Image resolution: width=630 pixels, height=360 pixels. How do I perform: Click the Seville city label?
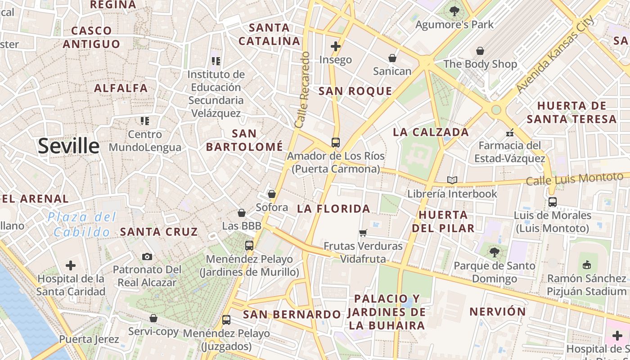[68, 146]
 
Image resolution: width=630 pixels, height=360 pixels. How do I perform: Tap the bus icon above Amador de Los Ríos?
[335, 143]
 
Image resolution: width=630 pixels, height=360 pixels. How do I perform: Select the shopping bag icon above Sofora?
[271, 194]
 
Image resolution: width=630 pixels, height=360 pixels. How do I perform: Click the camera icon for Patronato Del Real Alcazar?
[147, 256]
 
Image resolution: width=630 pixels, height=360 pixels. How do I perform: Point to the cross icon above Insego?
[335, 46]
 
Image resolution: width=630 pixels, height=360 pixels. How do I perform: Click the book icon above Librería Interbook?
[452, 180]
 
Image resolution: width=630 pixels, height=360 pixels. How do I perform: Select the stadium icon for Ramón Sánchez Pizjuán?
[586, 265]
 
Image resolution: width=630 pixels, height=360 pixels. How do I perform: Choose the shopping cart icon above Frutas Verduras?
[363, 233]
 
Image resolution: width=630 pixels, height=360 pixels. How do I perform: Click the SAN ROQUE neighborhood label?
[355, 91]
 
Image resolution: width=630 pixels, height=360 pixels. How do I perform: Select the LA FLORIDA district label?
[333, 209]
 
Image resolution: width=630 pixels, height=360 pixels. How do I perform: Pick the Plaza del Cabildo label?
[81, 225]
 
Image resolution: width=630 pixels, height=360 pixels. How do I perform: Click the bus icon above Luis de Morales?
[552, 202]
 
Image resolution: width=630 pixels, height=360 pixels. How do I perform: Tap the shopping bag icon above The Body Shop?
[480, 51]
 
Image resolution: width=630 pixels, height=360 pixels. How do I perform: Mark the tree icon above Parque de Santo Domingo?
[494, 252]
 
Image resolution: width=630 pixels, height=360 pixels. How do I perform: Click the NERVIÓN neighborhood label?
[497, 311]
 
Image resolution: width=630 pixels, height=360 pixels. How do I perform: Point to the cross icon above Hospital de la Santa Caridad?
[71, 265]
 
